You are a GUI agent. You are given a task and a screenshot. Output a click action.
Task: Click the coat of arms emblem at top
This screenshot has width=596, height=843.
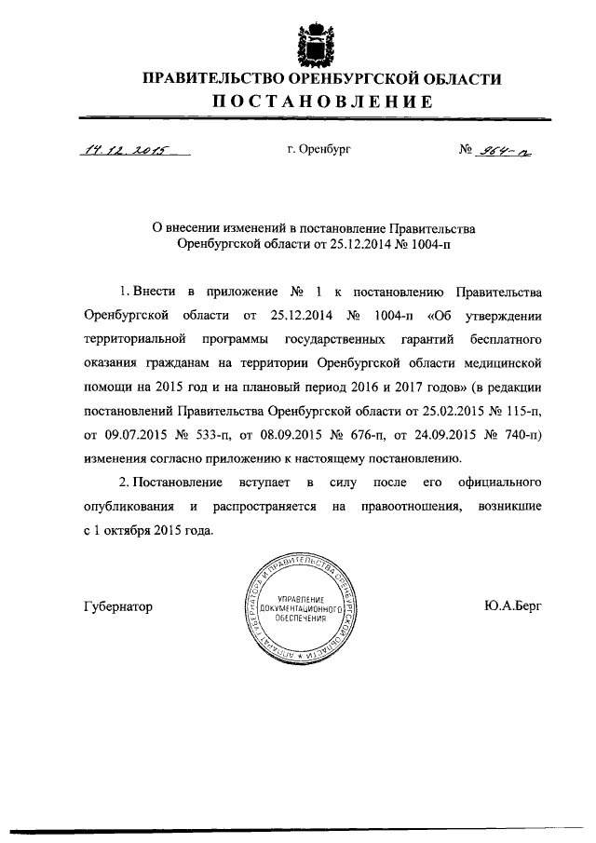307,42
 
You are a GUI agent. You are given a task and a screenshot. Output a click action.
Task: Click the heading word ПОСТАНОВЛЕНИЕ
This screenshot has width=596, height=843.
321,102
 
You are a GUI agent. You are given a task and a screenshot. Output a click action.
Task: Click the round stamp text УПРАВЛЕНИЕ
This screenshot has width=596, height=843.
297,596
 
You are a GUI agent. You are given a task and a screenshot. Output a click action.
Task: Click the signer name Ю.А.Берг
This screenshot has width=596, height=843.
513,606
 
